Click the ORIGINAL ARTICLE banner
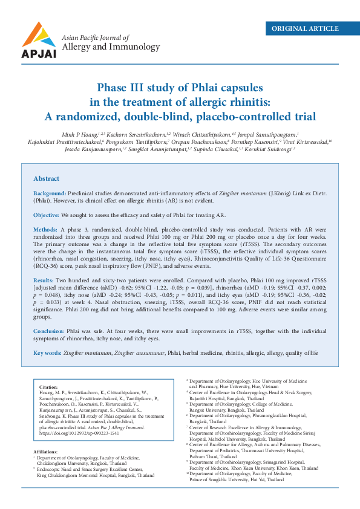(305, 28)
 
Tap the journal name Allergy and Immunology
(111, 47)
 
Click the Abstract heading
(46, 179)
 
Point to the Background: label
(50, 192)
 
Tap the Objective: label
(46, 215)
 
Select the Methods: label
(45, 230)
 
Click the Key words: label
(47, 352)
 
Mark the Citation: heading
(48, 386)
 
